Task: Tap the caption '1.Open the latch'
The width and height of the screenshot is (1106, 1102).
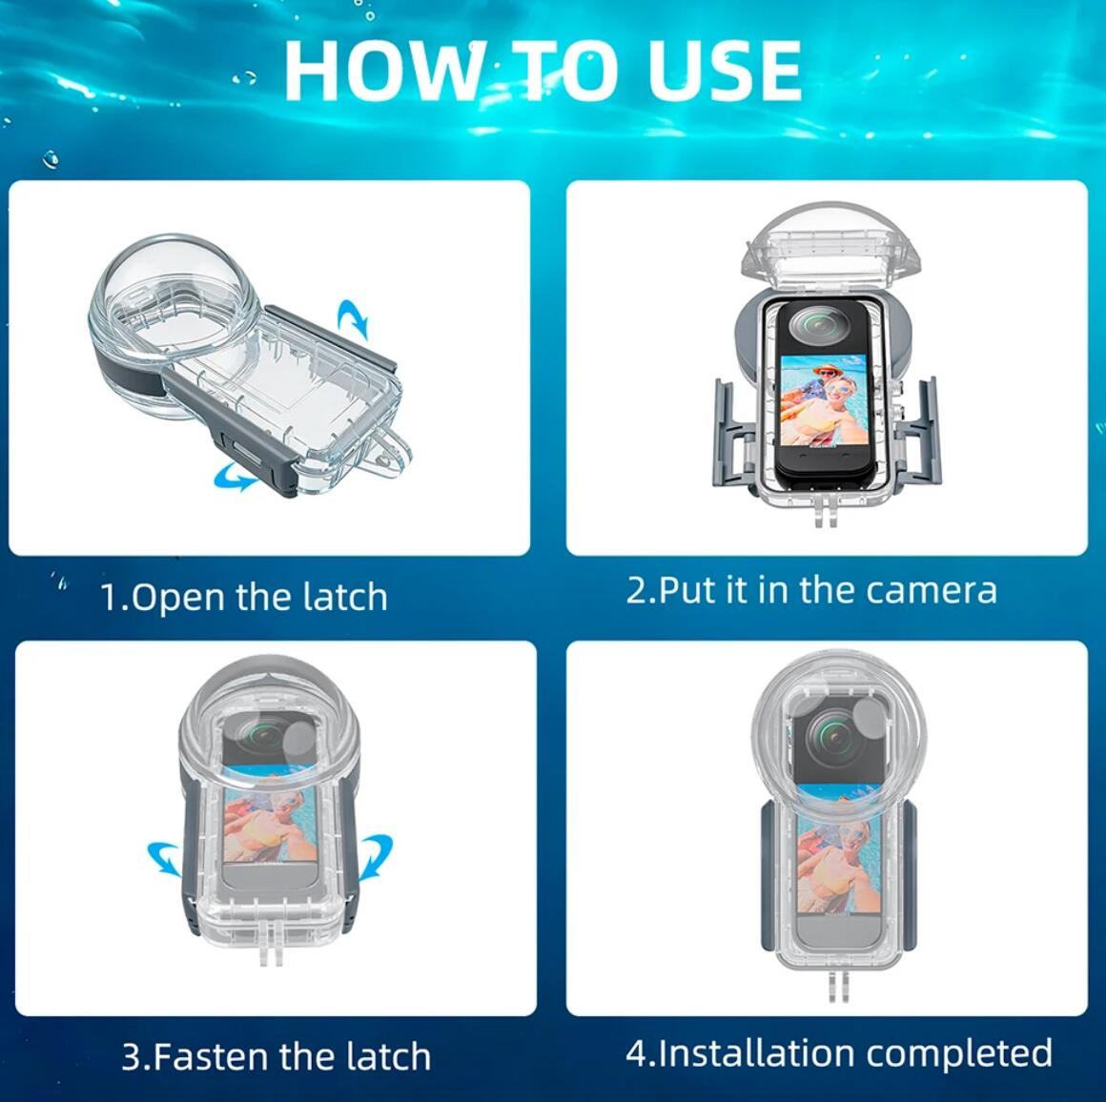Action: pos(245,597)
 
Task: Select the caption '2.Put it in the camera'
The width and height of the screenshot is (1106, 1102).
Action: pos(811,590)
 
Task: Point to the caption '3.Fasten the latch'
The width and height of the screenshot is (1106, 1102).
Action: pos(276,1056)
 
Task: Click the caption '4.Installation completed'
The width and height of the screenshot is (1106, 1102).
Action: pos(839,1052)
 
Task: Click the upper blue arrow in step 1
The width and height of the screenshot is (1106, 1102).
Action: pos(354,318)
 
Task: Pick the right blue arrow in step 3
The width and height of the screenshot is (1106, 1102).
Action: pos(376,856)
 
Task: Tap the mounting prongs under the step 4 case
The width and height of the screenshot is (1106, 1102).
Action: pos(836,986)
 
